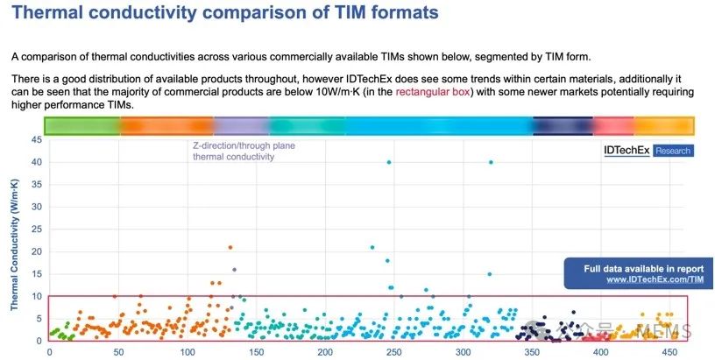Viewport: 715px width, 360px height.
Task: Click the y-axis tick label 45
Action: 37,139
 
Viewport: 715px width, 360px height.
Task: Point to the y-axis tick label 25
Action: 37,229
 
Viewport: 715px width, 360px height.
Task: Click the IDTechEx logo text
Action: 627,151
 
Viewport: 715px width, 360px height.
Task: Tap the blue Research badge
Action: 672,151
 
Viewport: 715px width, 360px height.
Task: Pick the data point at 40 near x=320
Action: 491,162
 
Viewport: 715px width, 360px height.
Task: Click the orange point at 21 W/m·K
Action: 230,247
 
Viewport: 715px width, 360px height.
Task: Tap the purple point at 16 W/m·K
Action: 234,270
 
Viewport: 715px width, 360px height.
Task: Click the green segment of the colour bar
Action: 81,125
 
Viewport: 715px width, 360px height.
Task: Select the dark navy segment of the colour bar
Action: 562,125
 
